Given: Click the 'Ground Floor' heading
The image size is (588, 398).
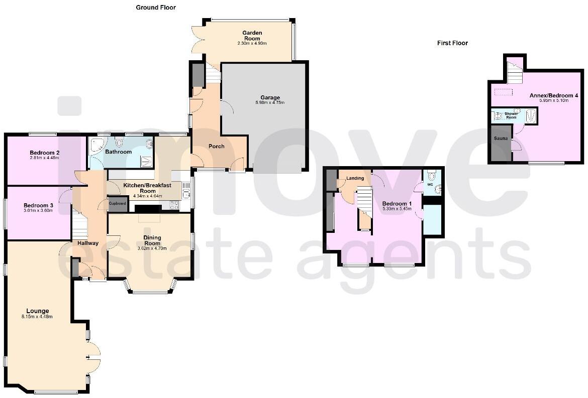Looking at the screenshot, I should point(156,8).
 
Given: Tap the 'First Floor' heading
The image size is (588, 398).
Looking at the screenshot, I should point(452,43).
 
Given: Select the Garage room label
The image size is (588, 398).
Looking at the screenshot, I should point(270,98).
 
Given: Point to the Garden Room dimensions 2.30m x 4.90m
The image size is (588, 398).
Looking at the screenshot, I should point(252,44).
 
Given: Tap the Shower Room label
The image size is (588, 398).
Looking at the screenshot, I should point(511,116).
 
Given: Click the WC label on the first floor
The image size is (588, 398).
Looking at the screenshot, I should point(430,184).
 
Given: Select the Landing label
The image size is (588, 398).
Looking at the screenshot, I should point(355,178).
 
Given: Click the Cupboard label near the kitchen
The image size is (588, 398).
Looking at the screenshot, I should point(117,203).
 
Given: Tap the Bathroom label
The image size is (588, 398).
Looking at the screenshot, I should point(119,152).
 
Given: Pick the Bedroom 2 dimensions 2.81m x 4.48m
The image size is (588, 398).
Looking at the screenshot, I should point(44,158).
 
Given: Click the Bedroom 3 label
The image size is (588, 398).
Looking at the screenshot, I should point(38,205).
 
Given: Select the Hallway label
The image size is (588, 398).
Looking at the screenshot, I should point(88,243).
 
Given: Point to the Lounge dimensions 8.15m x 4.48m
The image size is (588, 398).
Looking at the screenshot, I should point(37,317).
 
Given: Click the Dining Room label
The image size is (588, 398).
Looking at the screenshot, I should point(152,240).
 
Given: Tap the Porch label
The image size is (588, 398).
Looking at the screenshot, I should point(216,147).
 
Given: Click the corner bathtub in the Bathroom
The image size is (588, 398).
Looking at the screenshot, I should point(96,147).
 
